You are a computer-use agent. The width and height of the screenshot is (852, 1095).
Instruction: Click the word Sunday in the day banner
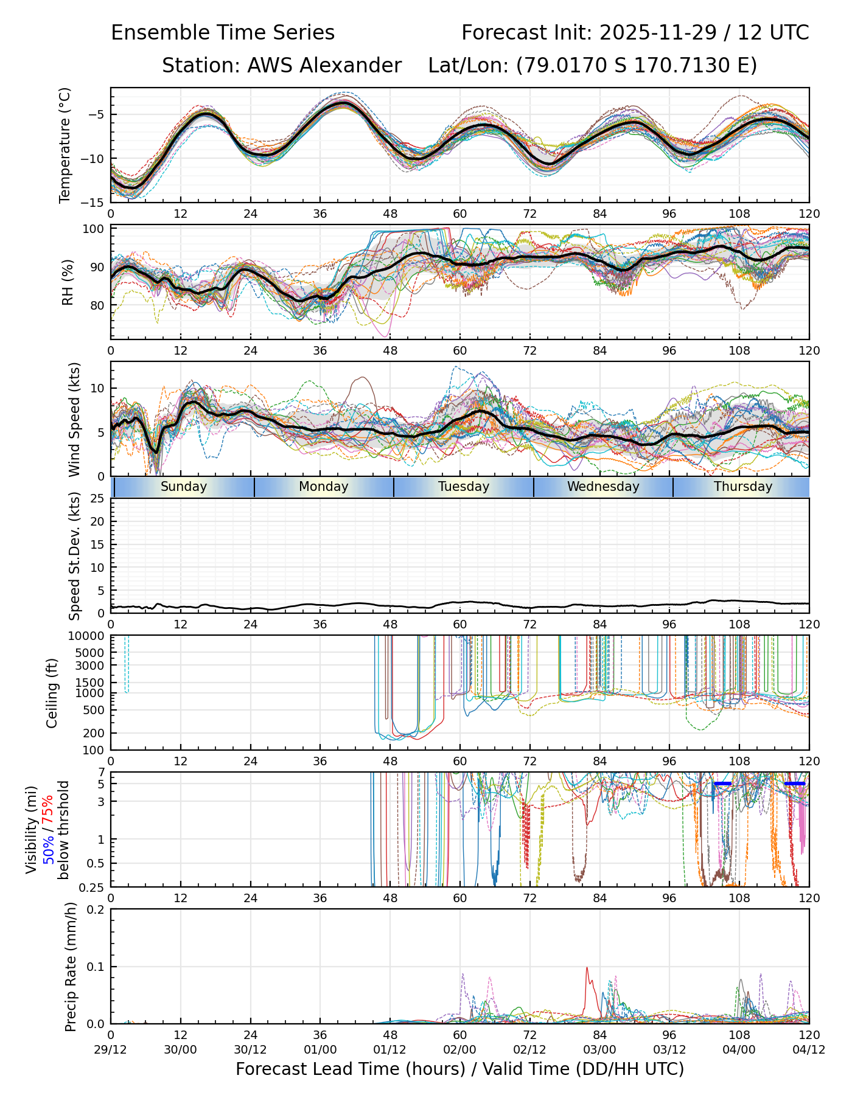(x=184, y=487)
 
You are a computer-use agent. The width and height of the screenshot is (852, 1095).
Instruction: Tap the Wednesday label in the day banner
(x=603, y=487)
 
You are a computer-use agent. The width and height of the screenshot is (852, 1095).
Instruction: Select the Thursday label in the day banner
(x=743, y=487)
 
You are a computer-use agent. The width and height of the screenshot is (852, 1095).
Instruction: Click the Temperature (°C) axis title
(x=65, y=145)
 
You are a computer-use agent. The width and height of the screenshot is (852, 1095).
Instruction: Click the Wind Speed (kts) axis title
(x=74, y=419)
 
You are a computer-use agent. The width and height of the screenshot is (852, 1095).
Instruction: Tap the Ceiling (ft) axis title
(x=52, y=693)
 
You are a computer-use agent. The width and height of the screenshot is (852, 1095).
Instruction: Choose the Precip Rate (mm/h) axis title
(x=71, y=967)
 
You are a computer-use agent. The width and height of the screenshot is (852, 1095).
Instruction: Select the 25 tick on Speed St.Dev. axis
(x=97, y=499)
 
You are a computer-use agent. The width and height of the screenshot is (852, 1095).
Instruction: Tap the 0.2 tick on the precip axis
(x=96, y=909)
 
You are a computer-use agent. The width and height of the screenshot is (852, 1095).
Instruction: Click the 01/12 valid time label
(x=390, y=1049)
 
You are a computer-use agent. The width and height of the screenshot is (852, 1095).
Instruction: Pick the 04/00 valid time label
(x=739, y=1049)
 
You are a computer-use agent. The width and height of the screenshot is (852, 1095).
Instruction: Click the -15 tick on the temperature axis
(x=95, y=203)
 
